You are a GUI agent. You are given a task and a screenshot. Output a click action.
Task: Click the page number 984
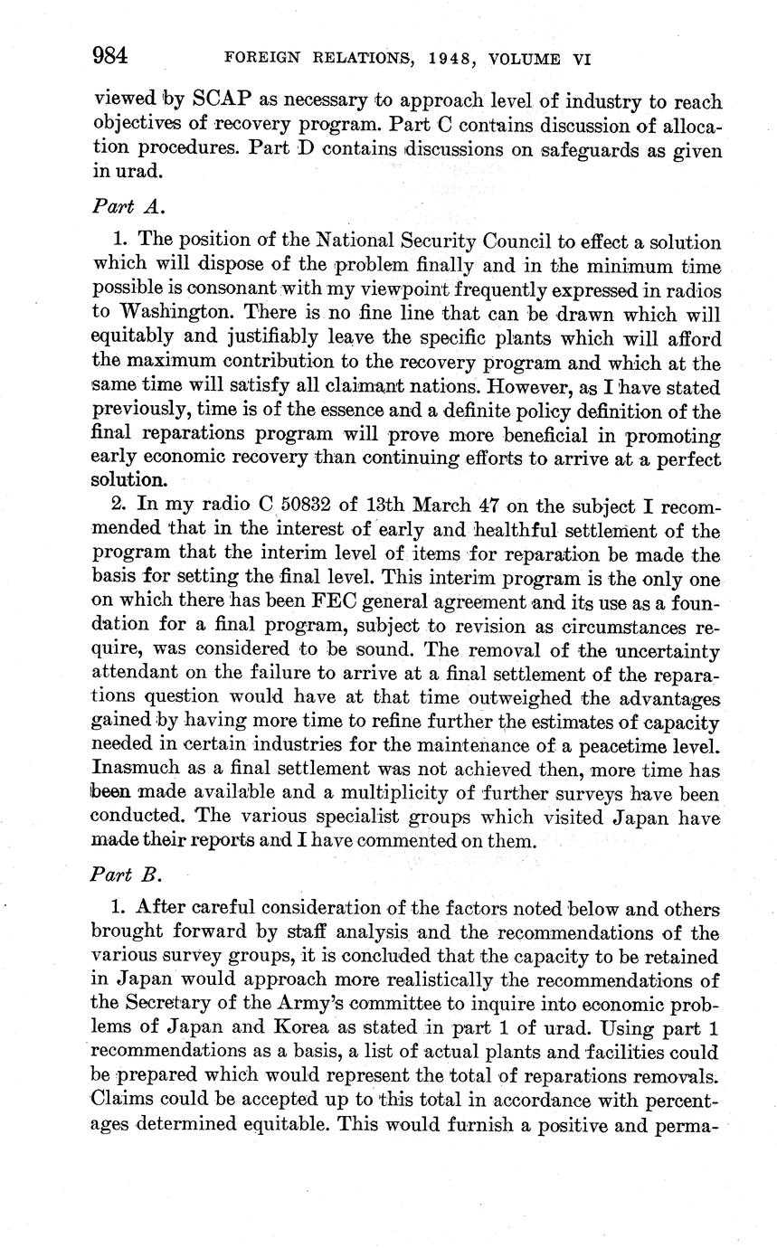(109, 56)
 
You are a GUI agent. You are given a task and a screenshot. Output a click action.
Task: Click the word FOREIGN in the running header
(261, 60)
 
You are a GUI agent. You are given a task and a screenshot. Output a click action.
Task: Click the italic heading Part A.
(128, 205)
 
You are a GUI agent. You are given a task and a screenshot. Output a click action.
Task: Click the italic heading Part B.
(128, 875)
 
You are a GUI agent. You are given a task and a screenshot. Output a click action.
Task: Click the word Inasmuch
(134, 770)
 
